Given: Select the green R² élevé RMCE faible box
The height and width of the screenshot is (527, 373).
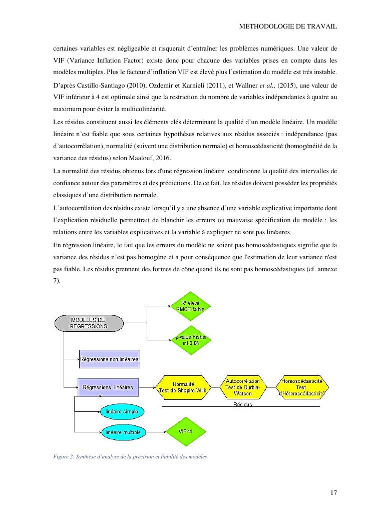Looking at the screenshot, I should (191, 305).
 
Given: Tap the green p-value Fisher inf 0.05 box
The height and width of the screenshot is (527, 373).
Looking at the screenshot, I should (191, 340).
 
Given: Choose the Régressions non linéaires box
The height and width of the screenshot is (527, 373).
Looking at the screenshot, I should (109, 359).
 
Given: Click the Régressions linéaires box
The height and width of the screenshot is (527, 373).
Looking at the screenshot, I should (108, 387).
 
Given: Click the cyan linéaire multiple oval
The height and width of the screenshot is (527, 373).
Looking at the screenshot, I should (123, 431).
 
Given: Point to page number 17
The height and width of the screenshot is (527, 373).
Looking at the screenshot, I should (334, 493).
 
